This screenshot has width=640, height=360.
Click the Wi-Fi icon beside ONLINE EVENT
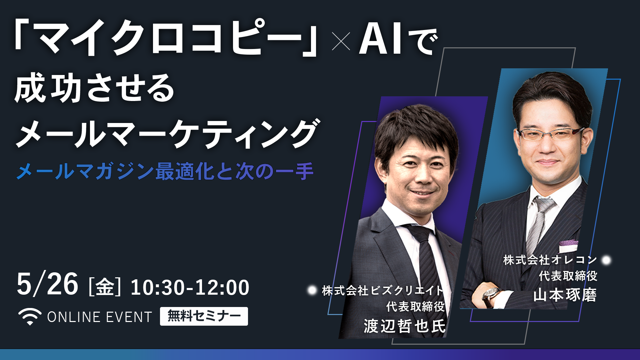30,317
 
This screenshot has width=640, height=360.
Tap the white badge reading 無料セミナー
204,316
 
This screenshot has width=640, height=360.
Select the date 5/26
47,284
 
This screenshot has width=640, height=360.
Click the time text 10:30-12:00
190,287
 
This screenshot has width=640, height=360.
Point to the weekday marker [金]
105,287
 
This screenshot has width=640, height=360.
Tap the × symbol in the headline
341,41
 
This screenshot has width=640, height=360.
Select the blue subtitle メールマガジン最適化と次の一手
165,171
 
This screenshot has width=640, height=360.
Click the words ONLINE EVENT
100,317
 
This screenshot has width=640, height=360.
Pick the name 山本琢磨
565,295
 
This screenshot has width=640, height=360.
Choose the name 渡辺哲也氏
404,326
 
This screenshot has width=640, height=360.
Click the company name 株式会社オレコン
550,260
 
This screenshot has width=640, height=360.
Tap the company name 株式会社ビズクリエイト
383,290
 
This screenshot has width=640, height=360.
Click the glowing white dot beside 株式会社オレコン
606,260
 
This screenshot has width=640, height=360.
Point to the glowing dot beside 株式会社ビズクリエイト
312,290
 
